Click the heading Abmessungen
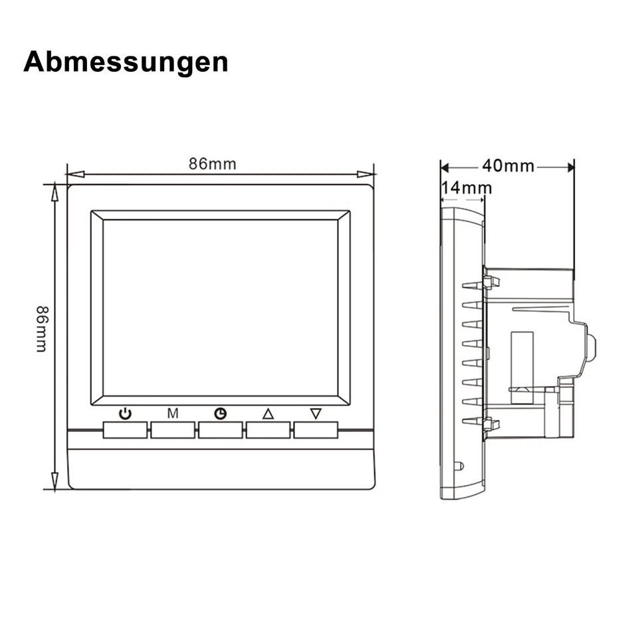[x=126, y=62]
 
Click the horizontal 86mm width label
[x=212, y=164]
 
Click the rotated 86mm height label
[x=41, y=328]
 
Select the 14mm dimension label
[x=467, y=188]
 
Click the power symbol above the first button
[x=125, y=413]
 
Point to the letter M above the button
[x=172, y=413]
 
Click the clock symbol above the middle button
[x=220, y=413]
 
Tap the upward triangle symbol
[x=268, y=413]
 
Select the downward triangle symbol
[x=316, y=413]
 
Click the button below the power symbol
[x=125, y=430]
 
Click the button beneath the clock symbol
[x=220, y=430]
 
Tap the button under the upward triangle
[x=268, y=430]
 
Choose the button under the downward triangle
[x=316, y=430]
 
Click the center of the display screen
[x=220, y=308]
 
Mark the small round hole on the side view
[x=458, y=465]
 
